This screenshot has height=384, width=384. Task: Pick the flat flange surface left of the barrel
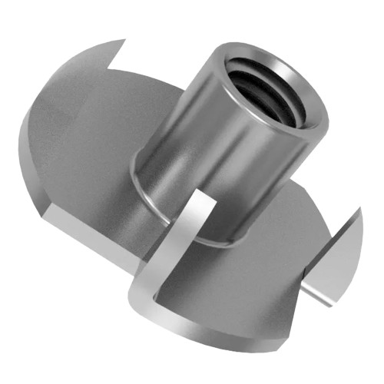click(92, 138)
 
